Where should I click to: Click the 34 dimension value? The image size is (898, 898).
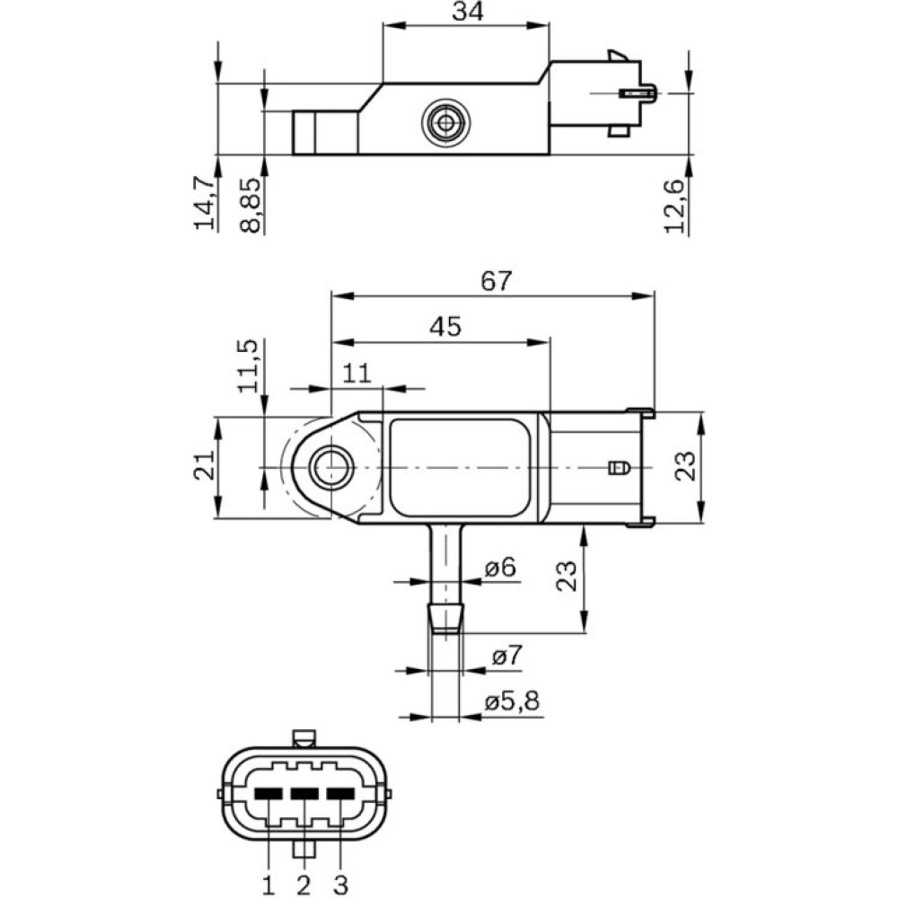click(465, 12)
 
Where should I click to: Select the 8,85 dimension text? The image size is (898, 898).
click(251, 205)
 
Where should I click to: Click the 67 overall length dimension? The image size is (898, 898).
click(495, 280)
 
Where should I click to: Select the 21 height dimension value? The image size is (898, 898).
click(205, 466)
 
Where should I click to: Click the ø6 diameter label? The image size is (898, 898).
click(499, 568)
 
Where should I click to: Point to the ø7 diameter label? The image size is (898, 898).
click(506, 656)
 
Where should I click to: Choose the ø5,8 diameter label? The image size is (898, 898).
click(512, 702)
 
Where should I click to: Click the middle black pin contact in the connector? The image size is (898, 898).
click(305, 794)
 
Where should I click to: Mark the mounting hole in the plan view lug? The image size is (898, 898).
click(330, 467)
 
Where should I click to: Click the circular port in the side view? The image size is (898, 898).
click(444, 123)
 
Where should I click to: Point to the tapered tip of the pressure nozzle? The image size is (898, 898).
click(445, 619)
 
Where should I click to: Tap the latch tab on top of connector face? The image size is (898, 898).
click(304, 739)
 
